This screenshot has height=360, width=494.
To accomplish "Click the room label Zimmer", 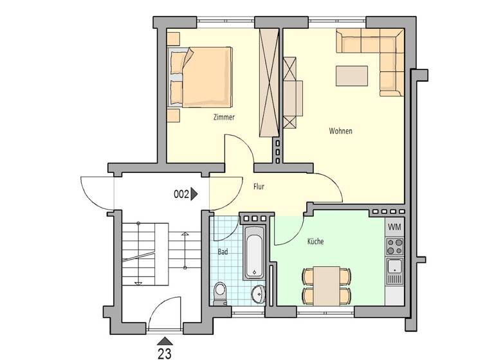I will coord(224,118).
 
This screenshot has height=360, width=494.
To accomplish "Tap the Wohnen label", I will coord(340,131).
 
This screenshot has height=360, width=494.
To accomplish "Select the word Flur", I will coord(259,187).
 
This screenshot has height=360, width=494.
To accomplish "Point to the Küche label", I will coord(315,242).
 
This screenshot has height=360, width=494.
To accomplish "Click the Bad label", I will coord(223,252).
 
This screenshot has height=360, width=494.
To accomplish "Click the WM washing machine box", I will coord(394,227).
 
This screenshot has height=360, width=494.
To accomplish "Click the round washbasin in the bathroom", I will coord(259,293).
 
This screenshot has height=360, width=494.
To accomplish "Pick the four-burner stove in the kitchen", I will coord(394,246).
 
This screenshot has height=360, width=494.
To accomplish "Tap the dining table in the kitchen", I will coord(327,285).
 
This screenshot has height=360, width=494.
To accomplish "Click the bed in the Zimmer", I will coord(200,77).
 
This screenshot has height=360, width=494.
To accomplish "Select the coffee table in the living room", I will coord(352,76).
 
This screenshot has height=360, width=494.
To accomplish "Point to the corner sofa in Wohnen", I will coord(386,51).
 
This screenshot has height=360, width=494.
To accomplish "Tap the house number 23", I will coord(165,351).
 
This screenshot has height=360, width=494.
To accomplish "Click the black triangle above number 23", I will coord(165,340).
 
